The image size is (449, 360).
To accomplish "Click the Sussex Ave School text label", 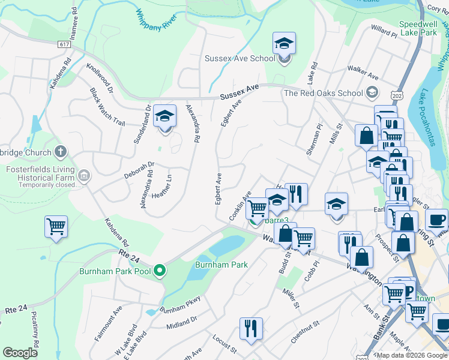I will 240,58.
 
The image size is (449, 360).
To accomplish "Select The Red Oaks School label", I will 323,93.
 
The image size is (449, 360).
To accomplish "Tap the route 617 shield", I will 65,45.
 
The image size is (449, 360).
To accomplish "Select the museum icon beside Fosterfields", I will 84,176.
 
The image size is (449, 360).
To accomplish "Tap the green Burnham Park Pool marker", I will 159,271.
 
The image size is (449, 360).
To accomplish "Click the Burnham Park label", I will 221,264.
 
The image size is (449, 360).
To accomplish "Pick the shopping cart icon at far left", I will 56,227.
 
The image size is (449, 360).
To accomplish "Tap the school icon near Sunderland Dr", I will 164,116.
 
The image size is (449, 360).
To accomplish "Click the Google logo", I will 20,353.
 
